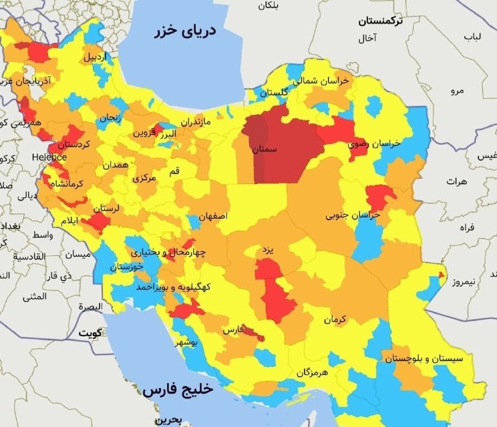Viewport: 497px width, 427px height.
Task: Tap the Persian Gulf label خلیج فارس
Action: coord(177,389)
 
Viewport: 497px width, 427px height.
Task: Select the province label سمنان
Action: coord(265,151)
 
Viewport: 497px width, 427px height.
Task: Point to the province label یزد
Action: coord(267,250)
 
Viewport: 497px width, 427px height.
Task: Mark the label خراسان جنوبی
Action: coord(352,216)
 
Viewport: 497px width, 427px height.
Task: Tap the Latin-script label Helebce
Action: coord(49,157)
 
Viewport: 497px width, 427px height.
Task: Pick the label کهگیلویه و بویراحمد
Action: coord(173,287)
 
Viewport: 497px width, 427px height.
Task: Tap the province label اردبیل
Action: coord(94,57)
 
